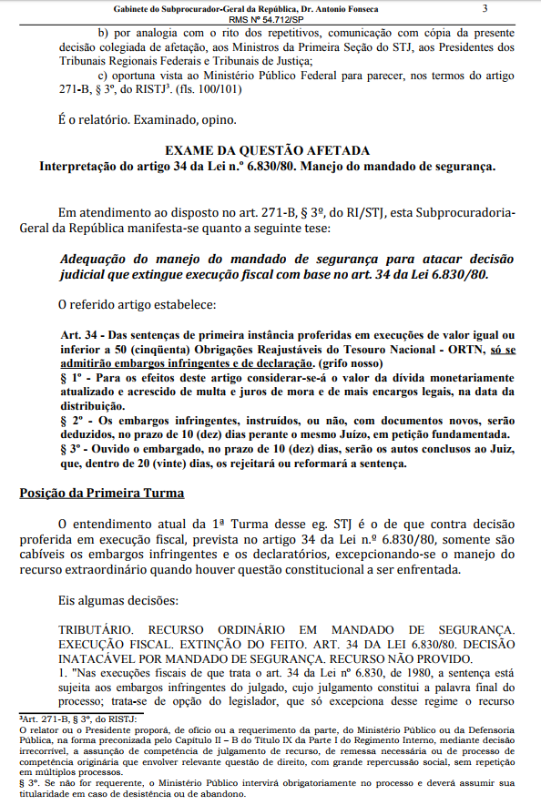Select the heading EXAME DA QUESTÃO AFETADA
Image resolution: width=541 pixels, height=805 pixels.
267,150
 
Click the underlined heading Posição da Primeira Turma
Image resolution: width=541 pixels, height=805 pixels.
101,494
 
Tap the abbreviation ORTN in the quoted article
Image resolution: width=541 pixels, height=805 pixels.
464,349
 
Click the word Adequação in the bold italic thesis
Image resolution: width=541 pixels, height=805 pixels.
96,258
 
